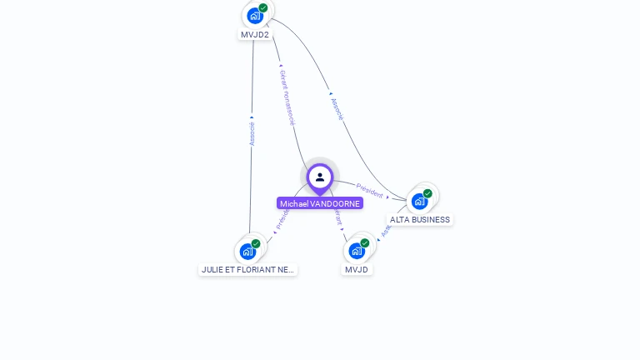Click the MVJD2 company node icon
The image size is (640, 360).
click(x=255, y=15)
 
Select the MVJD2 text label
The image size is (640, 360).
click(x=255, y=35)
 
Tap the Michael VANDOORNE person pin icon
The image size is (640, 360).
click(x=320, y=177)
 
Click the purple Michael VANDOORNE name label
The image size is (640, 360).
click(x=320, y=203)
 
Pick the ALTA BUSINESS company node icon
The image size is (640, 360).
click(x=420, y=201)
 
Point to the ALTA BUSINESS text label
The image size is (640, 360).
click(x=420, y=220)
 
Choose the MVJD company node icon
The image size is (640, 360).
click(x=357, y=250)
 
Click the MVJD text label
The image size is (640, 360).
click(x=357, y=270)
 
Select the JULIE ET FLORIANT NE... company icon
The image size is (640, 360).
click(x=247, y=251)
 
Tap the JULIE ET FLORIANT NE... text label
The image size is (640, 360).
click(x=247, y=270)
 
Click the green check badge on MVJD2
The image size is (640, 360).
click(x=263, y=7)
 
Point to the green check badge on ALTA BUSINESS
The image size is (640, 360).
click(x=427, y=193)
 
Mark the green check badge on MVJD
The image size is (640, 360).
click(x=365, y=243)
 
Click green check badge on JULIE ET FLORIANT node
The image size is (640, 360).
click(x=256, y=243)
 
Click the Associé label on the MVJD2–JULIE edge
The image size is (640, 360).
click(x=252, y=133)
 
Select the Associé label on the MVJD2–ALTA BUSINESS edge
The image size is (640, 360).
click(x=337, y=108)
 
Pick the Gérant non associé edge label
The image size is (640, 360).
click(x=287, y=97)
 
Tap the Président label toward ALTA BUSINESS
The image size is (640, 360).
click(x=370, y=191)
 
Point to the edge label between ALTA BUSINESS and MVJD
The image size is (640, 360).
click(x=387, y=227)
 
